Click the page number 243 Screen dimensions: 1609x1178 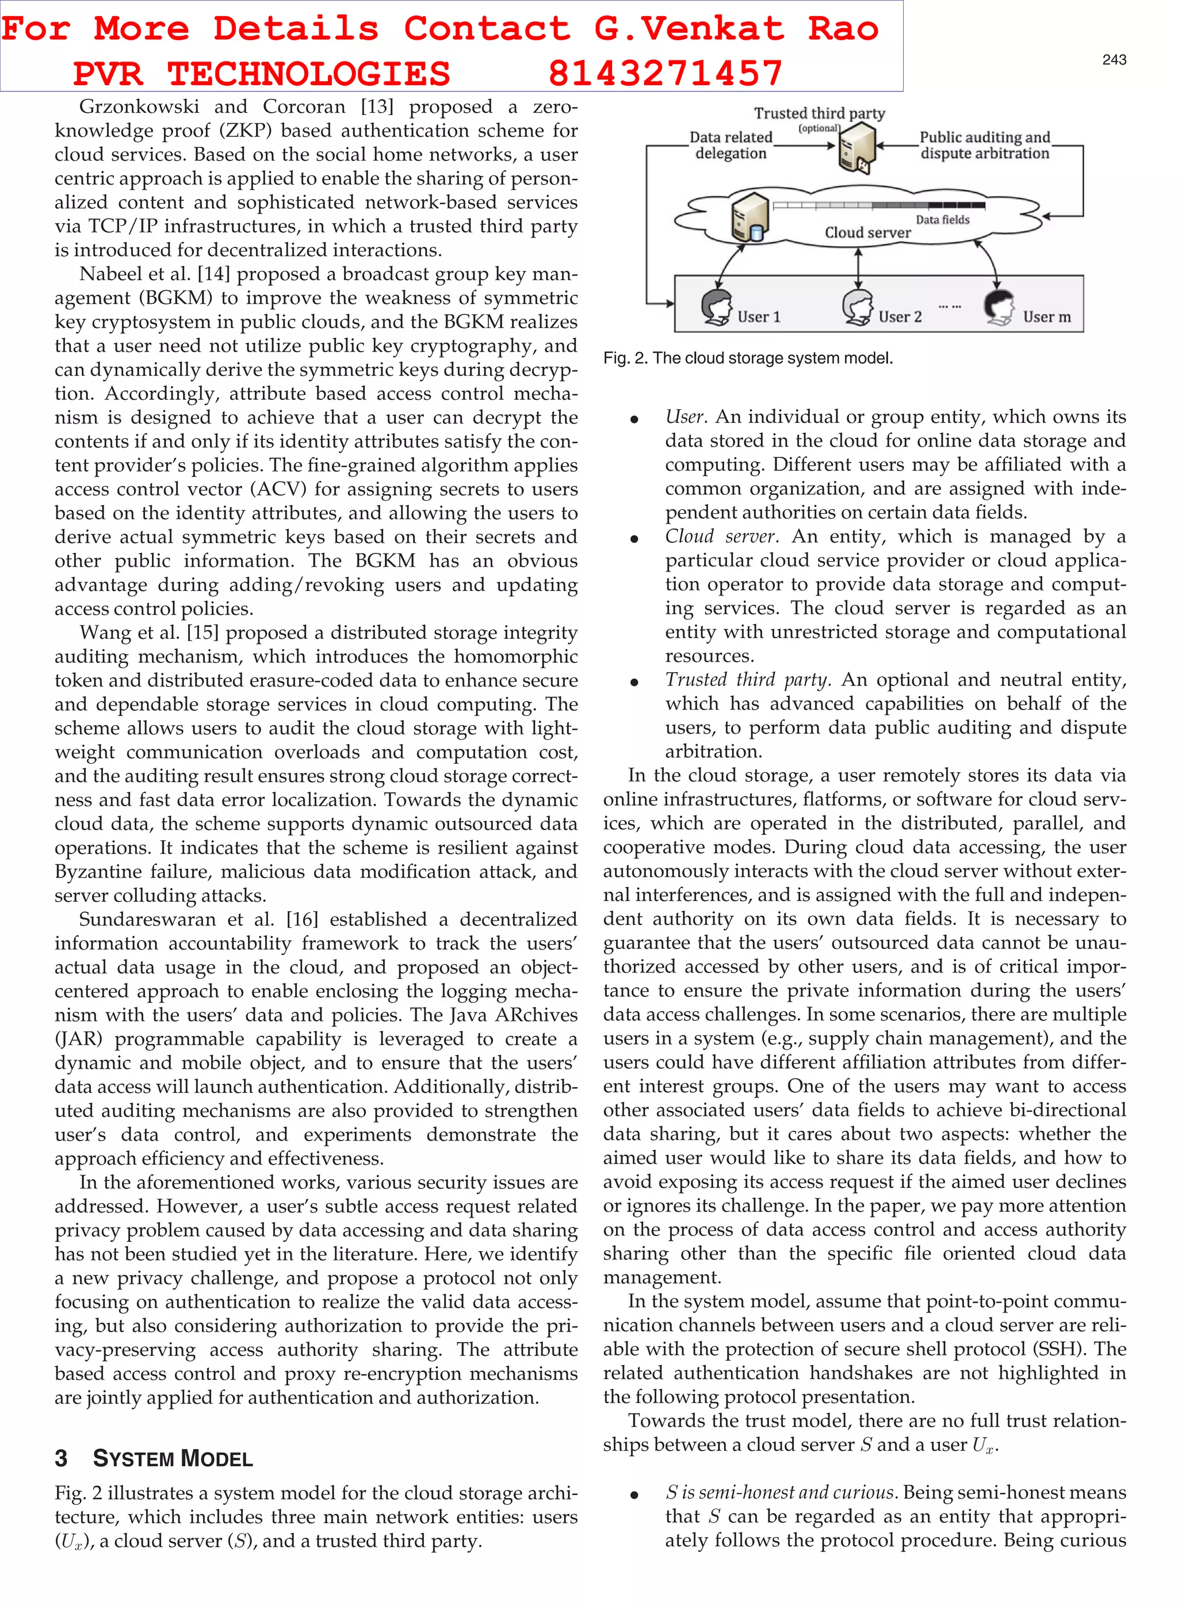1114,60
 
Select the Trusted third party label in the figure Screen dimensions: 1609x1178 819,113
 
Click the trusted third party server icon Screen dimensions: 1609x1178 857,147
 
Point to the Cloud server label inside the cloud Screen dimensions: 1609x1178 867,232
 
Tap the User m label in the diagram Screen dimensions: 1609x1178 1046,317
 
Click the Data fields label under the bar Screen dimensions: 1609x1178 942,220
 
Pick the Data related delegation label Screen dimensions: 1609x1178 731,145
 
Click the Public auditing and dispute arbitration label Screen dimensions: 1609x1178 984,145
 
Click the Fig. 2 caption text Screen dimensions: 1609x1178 747,358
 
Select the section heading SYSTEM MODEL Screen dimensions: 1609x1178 173,1458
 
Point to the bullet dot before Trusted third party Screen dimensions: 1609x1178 634,683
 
